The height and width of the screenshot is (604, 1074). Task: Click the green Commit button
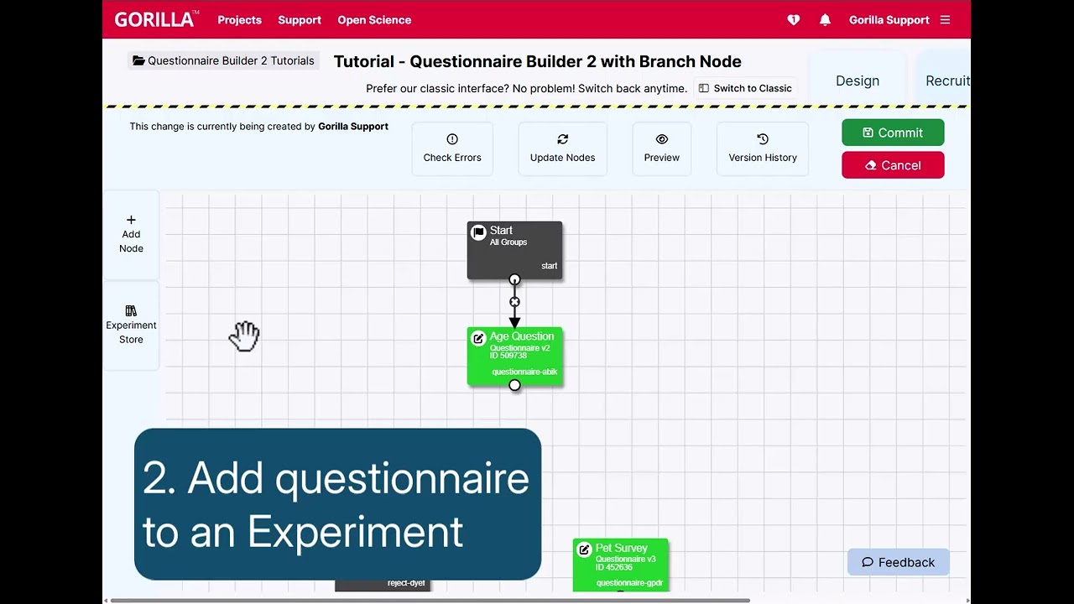(893, 133)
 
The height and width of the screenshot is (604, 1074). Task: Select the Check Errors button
(452, 148)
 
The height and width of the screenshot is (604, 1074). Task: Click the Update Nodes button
(562, 148)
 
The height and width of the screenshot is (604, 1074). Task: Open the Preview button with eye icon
(662, 148)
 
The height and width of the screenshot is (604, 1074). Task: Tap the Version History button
(763, 148)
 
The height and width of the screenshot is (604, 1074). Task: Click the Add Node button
(131, 234)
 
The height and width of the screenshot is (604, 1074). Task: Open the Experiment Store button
(131, 325)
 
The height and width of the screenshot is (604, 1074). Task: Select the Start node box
(514, 248)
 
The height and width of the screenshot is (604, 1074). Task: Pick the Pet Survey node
(621, 564)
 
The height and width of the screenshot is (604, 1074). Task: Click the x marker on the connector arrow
(514, 302)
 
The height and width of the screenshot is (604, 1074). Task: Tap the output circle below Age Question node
(514, 385)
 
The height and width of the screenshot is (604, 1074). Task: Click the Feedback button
(898, 562)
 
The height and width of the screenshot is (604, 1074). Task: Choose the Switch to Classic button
(745, 88)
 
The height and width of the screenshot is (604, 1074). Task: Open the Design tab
(858, 81)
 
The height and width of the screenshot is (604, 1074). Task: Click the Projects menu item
(239, 20)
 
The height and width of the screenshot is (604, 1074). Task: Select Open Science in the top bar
(374, 20)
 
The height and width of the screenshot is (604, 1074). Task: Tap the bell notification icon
(825, 20)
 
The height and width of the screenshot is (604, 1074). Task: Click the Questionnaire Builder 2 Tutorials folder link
(223, 60)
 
